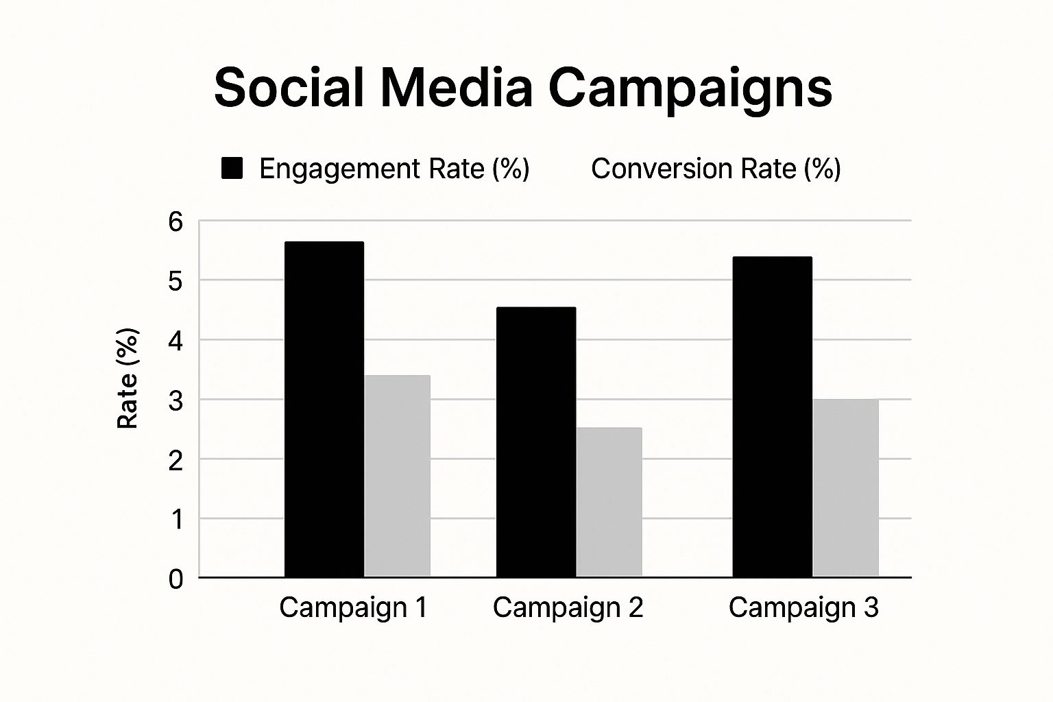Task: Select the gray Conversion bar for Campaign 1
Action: pos(398,476)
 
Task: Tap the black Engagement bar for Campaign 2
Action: pos(536,442)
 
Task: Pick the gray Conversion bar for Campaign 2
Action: pos(609,502)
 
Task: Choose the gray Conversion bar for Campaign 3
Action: pos(846,488)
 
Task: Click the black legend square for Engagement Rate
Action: pos(232,169)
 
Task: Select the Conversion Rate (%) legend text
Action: pos(716,169)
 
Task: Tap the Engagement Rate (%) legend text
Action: pos(394,169)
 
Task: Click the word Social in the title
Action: pos(289,88)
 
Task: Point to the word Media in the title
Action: pos(456,88)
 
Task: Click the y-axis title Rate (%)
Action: pos(128,378)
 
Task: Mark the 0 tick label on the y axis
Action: pos(176,579)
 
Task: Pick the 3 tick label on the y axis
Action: pos(176,400)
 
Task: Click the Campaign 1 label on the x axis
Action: pos(353,607)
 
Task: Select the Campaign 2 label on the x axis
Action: pos(568,607)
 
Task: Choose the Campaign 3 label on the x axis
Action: pos(803,607)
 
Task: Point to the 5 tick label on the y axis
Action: pos(176,281)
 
